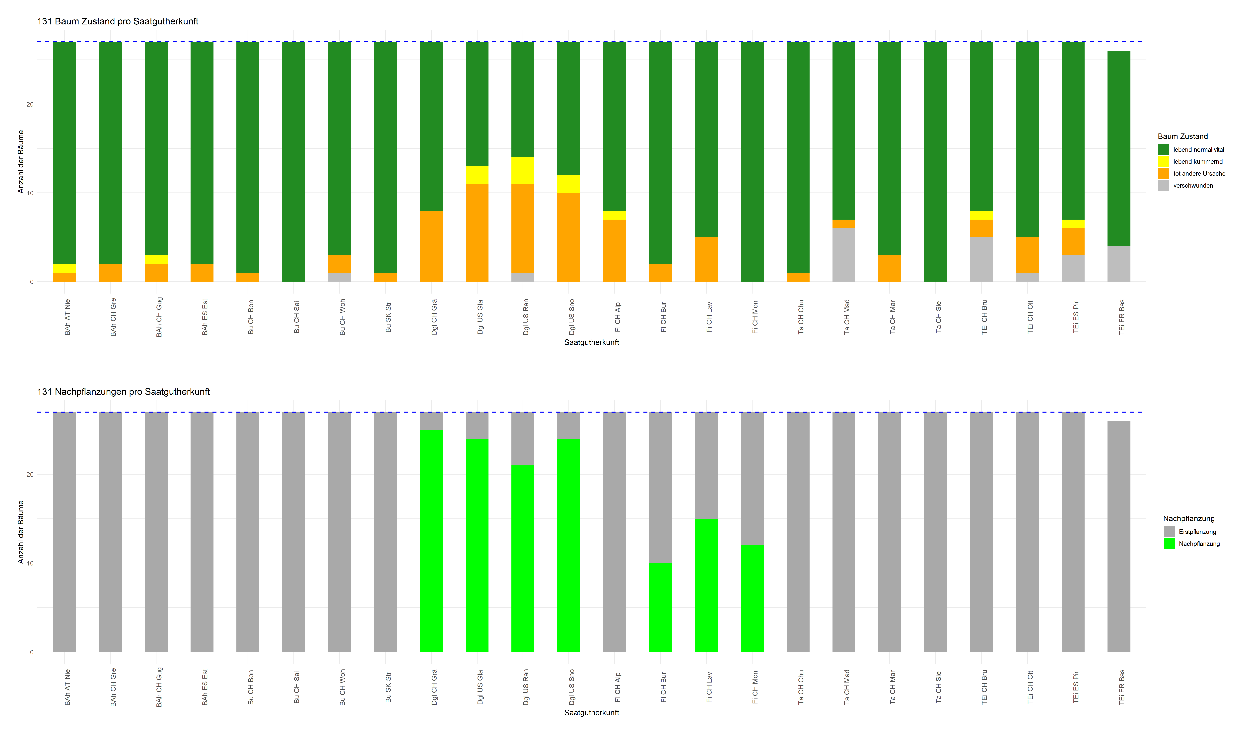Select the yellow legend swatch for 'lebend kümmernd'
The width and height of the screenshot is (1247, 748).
point(1163,161)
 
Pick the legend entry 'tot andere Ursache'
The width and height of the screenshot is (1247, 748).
point(1199,173)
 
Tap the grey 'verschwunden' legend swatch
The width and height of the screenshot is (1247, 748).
point(1163,186)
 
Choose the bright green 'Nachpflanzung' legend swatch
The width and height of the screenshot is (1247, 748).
point(1169,543)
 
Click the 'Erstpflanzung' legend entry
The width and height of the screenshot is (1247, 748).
point(1197,532)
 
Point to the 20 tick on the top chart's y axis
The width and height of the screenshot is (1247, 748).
point(30,104)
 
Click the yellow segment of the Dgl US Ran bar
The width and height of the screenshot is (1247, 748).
point(523,171)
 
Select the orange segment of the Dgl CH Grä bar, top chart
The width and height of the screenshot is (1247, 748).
point(431,246)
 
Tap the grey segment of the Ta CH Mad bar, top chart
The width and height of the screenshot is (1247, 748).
point(843,255)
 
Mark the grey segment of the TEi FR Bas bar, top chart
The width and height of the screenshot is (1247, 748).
point(1118,264)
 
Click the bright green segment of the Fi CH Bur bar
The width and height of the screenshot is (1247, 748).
point(660,607)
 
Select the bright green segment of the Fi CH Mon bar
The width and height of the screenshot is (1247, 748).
point(752,598)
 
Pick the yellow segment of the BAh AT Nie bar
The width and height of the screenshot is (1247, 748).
point(64,268)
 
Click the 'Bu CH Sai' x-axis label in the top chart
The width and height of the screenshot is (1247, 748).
point(296,317)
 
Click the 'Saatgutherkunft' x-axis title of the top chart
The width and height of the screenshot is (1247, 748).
point(591,342)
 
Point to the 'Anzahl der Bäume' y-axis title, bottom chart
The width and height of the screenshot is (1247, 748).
point(21,532)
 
